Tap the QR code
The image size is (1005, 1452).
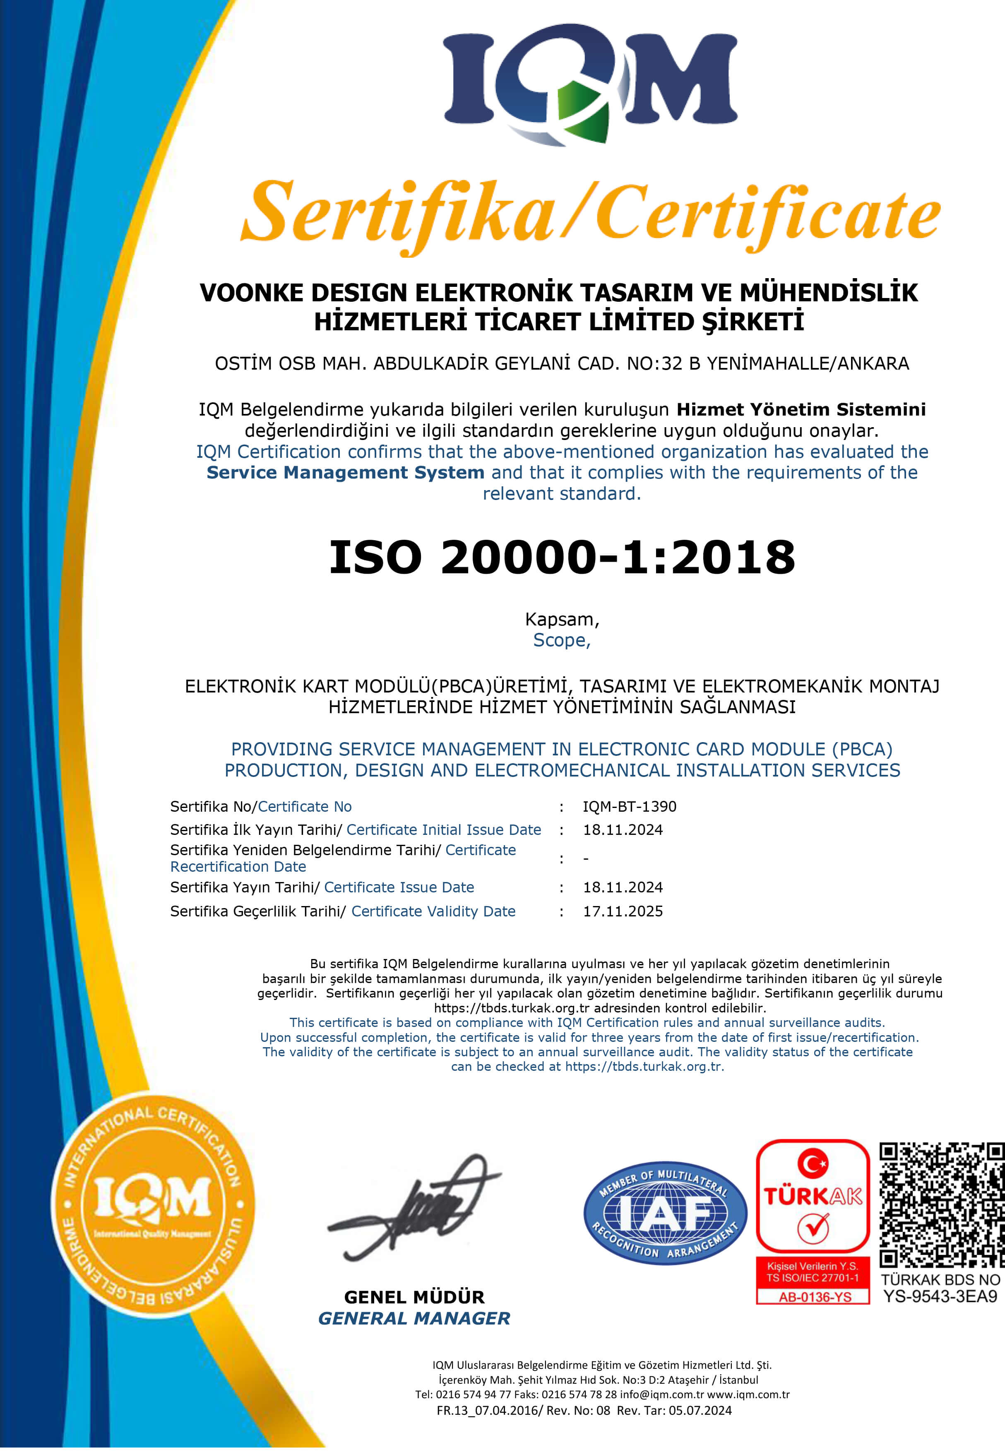[941, 1204]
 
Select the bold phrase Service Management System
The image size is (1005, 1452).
[345, 472]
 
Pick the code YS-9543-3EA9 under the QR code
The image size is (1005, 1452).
[940, 1296]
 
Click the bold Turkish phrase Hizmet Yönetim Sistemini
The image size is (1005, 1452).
[801, 409]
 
